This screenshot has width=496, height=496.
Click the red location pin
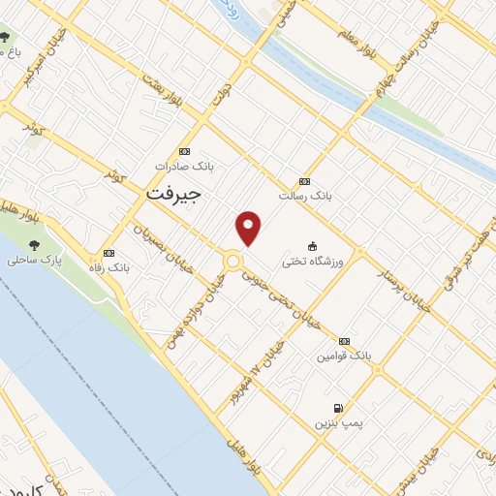point(249,228)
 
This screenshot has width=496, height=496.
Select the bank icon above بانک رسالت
point(305,181)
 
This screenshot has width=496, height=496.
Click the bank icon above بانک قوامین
point(344,341)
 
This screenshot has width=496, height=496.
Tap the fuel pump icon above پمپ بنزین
point(338,408)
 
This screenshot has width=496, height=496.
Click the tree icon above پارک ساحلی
point(35,245)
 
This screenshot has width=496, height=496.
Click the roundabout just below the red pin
point(232,261)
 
